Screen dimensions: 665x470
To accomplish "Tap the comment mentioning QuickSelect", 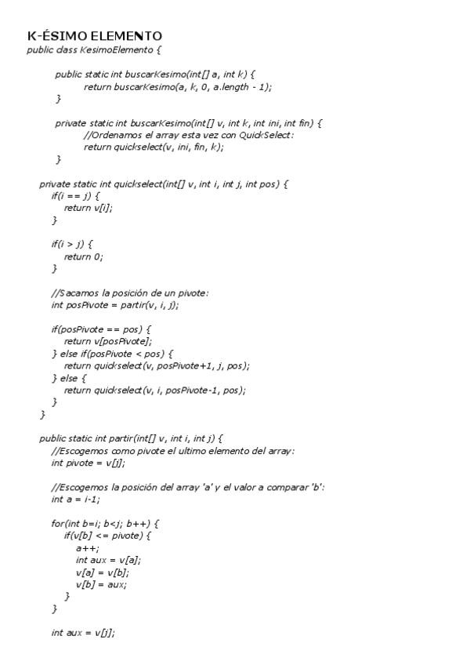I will (188, 135).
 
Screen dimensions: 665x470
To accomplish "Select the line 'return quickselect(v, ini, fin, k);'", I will (153, 147).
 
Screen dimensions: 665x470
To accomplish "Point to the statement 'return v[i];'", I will (88, 208).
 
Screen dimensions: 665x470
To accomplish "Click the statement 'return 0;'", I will (83, 256).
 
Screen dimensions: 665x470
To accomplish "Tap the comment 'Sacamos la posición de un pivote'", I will (130, 293).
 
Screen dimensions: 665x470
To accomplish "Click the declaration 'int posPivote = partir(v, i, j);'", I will (115, 304).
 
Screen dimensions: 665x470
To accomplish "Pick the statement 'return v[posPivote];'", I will (107, 341).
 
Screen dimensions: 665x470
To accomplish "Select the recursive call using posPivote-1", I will (155, 390).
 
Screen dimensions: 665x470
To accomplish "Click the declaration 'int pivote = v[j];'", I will (88, 463).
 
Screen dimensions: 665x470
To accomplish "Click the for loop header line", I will (106, 523).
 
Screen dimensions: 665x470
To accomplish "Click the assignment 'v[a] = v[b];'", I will (103, 572).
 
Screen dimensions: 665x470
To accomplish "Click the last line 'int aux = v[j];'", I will (83, 632).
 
